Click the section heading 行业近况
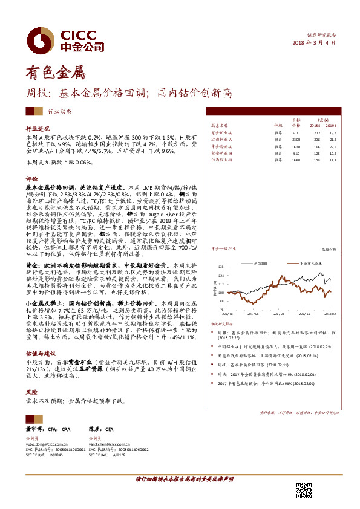(36, 129)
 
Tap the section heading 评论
(31, 180)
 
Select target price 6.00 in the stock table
(296, 132)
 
